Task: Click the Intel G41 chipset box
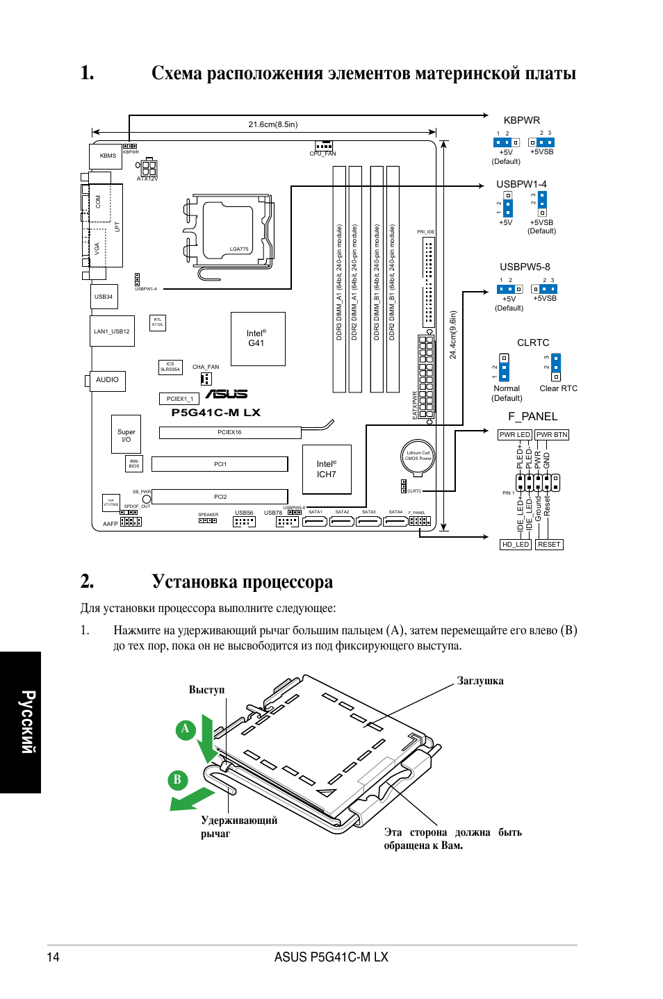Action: coord(258,338)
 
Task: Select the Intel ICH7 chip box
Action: coord(327,469)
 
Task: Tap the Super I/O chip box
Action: coord(126,434)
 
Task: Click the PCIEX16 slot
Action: coord(229,432)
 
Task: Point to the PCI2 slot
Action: coord(220,497)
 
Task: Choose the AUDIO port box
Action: coord(108,380)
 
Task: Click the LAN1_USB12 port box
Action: coord(112,331)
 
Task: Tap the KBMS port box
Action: coord(106,156)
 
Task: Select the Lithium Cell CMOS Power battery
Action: coord(418,456)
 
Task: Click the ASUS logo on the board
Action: coord(227,394)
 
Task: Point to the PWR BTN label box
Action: coord(552,435)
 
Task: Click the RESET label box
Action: coord(549,545)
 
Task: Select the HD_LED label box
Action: coord(516,545)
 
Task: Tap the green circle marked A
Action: coord(185,729)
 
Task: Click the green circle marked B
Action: coord(177,779)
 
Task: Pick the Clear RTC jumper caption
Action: coord(558,388)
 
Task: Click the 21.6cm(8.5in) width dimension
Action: coord(273,124)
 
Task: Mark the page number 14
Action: coord(53,957)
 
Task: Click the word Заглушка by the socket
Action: coord(480,681)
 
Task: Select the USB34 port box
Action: coord(104,297)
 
